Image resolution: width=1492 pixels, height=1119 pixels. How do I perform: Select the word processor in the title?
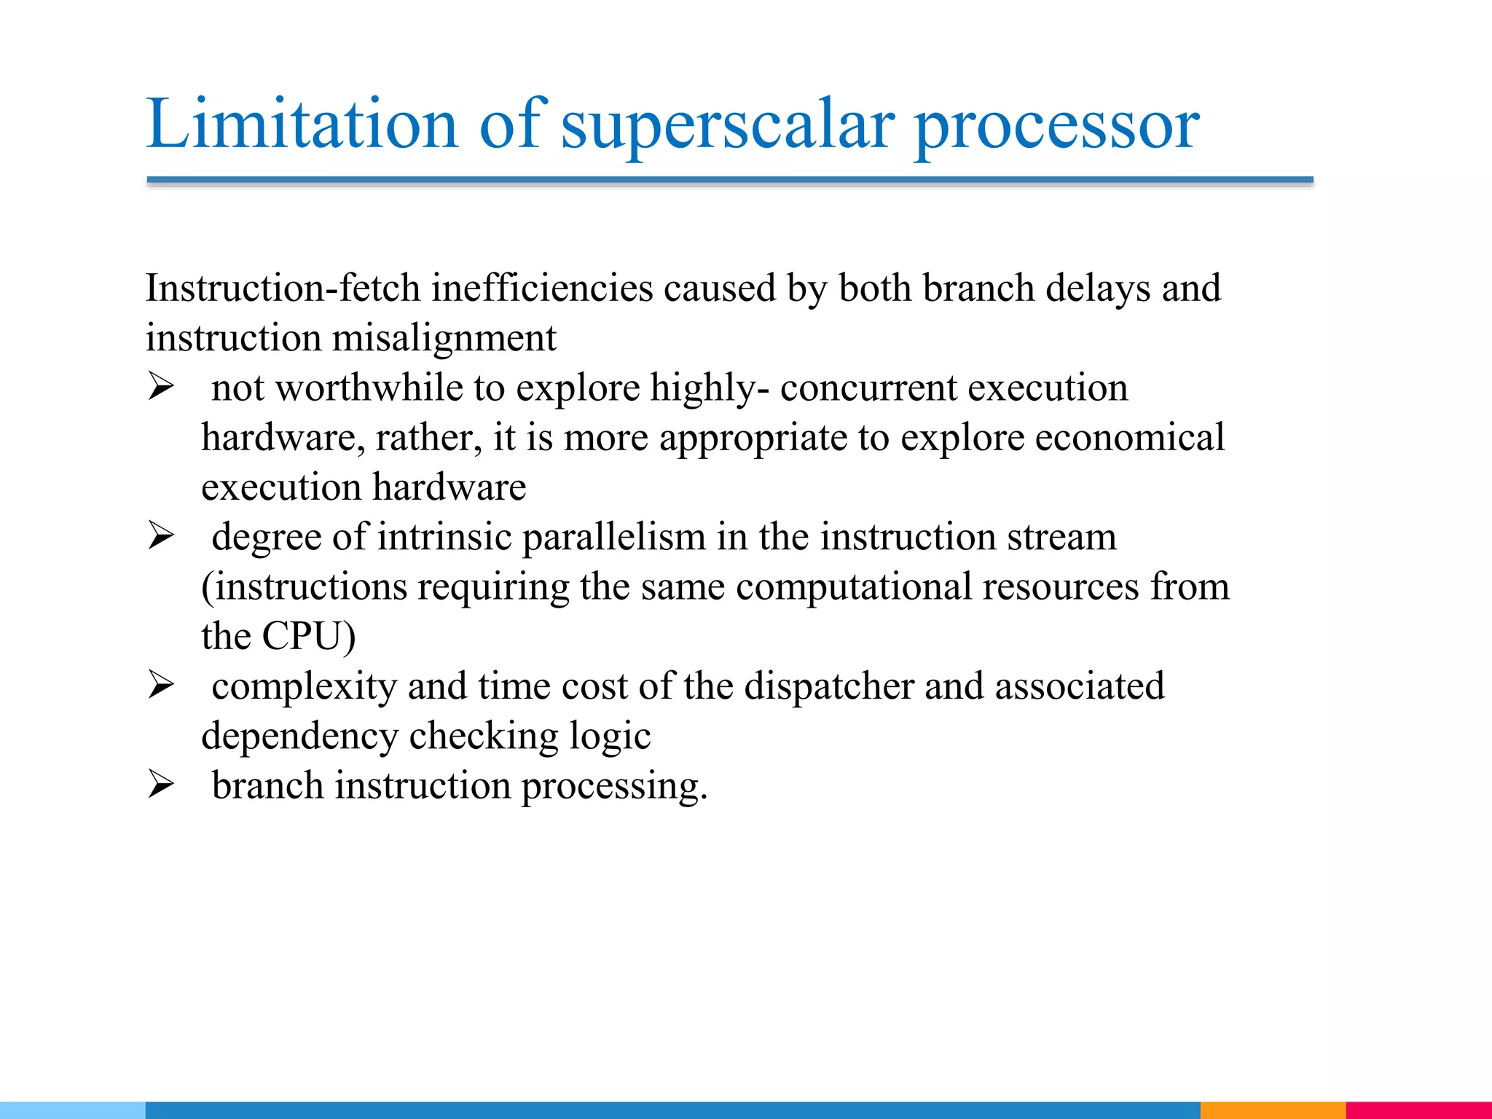coord(1056,125)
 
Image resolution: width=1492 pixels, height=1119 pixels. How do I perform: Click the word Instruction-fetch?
coord(283,288)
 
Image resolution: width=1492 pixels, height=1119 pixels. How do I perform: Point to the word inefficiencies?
coord(542,288)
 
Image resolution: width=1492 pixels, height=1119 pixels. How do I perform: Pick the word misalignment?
coord(444,338)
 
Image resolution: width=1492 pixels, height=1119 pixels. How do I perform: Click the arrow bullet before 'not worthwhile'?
coord(161,386)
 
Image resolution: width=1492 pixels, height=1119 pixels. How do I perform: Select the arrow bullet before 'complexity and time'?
coord(161,685)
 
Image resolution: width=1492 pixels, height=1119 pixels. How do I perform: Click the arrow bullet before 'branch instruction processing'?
coord(161,785)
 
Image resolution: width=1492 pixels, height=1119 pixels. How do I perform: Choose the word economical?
coord(1129,437)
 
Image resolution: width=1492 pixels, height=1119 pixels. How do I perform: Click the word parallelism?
coord(613,537)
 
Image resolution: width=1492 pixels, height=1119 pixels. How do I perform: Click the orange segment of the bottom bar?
coord(1272,1110)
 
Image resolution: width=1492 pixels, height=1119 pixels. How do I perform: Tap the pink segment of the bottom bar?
coord(1418,1110)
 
